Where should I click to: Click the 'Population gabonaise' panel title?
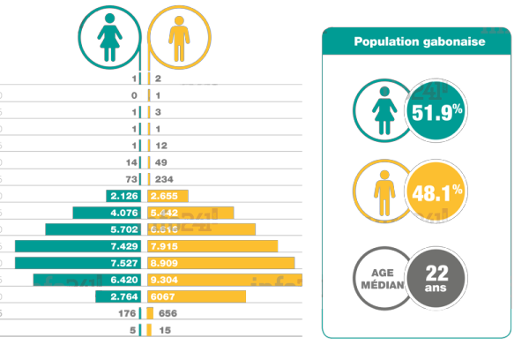point(416,41)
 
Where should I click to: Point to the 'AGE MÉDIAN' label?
point(380,278)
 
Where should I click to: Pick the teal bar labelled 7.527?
point(79,263)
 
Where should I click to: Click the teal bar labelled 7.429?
point(79,245)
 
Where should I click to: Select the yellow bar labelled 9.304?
point(224,280)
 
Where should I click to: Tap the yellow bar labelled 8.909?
point(221,263)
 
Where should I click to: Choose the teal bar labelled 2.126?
point(125,195)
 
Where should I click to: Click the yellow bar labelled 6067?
point(197,296)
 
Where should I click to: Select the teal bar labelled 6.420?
point(88,280)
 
